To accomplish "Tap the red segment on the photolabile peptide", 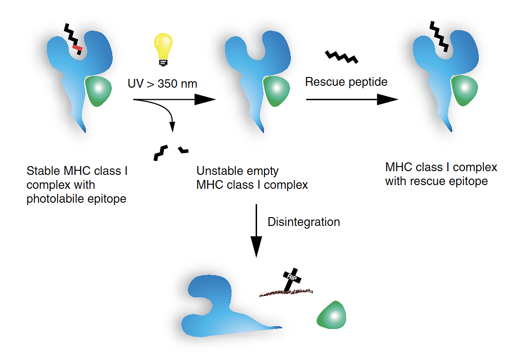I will (77, 47).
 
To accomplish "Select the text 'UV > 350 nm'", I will (162, 84).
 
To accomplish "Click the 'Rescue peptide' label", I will (346, 82).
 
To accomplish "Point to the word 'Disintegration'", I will (304, 222).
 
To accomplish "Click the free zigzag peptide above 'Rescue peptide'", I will (341, 56).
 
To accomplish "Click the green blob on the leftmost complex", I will (98, 90).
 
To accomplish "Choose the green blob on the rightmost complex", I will (465, 90).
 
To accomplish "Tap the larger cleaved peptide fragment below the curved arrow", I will (161, 152).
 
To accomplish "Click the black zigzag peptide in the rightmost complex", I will (438, 35).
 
